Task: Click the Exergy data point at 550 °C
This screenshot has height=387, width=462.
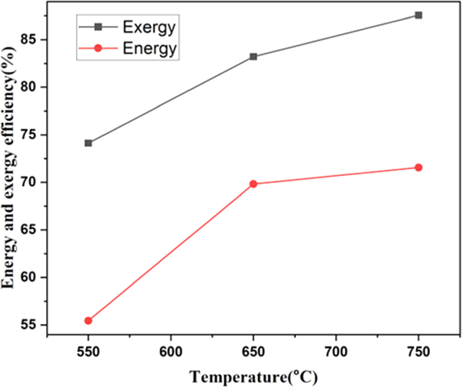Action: coord(88,143)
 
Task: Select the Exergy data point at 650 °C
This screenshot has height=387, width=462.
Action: coord(253,57)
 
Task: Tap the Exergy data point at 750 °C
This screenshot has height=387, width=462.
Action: coord(418,15)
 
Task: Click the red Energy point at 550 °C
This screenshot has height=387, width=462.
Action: coord(88,321)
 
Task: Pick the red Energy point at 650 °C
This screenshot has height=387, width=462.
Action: coord(253,184)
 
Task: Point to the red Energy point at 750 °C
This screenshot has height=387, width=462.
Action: coord(418,168)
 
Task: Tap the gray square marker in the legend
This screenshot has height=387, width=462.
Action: coord(98,27)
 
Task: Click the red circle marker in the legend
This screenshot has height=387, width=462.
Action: coord(98,48)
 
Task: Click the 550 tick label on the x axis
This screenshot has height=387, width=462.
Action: coord(88,352)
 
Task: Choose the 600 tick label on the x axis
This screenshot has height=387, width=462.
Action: coord(170,352)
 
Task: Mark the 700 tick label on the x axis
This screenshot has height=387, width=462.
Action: coord(336,352)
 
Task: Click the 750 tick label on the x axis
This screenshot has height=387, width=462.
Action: coord(418,352)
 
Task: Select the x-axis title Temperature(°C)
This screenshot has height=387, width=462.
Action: coord(253,377)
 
